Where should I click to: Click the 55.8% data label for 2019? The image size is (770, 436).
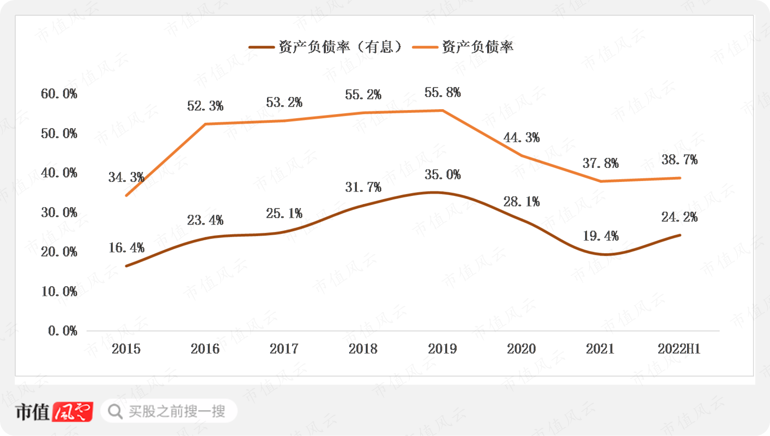click(442, 93)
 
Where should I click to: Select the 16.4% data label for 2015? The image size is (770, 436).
click(126, 248)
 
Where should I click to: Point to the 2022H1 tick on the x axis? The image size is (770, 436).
click(679, 349)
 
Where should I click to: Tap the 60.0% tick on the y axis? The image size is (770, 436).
click(59, 94)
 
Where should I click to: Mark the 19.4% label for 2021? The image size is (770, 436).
click(601, 236)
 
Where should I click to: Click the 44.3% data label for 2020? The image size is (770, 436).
click(521, 138)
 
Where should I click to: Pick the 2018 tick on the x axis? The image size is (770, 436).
click(363, 349)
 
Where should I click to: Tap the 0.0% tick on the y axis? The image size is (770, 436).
click(62, 331)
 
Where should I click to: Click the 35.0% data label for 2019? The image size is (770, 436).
click(442, 175)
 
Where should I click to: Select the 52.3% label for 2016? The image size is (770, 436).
click(205, 106)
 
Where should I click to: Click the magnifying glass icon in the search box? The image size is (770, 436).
click(115, 411)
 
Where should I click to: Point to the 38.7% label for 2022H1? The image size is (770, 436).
click(679, 160)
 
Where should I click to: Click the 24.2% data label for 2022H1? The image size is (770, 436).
click(679, 217)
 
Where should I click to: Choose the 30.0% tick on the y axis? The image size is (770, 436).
click(59, 212)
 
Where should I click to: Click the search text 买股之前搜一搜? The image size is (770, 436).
click(177, 411)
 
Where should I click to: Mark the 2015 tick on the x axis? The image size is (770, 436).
click(126, 349)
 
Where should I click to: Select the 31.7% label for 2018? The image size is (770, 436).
click(363, 187)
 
